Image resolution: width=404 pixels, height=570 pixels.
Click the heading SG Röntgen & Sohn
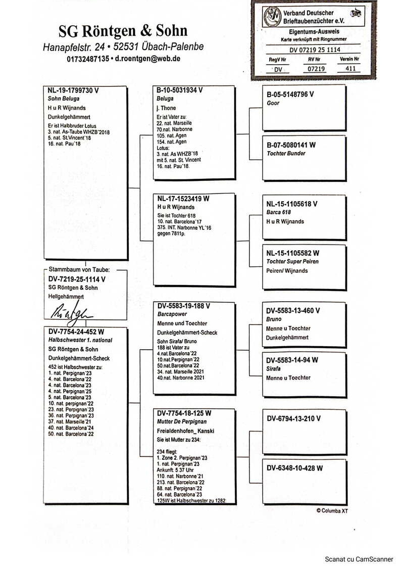[123, 32]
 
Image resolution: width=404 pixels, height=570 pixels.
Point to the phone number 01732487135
[87, 59]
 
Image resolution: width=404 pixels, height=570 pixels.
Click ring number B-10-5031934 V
[180, 90]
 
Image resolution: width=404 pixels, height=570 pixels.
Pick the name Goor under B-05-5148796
[273, 103]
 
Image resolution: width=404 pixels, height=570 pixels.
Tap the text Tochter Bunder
[286, 154]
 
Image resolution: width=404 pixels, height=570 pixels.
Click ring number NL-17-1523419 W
[183, 199]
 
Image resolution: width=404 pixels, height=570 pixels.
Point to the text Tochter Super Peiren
[292, 262]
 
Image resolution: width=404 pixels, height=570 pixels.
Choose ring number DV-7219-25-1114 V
[77, 279]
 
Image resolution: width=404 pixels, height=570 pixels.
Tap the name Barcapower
[172, 314]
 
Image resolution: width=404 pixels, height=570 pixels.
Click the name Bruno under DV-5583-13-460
[274, 319]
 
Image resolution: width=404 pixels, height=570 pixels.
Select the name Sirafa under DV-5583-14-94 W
[274, 369]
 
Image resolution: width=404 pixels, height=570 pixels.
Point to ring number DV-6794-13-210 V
[293, 418]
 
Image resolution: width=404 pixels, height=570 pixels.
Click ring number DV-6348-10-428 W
[294, 468]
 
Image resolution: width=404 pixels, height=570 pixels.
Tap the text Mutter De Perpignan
[181, 421]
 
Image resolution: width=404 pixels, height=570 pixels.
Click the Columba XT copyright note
[332, 511]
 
